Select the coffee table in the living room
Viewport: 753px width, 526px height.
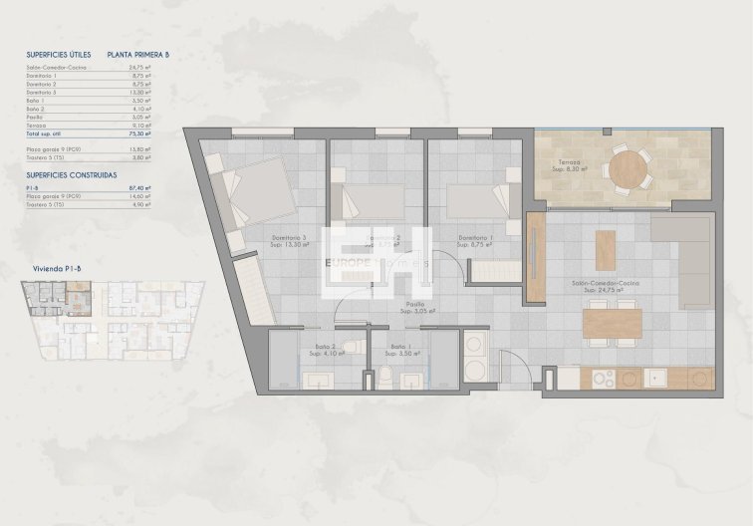(604, 249)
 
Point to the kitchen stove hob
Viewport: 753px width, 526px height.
(604, 379)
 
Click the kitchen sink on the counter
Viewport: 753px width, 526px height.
(656, 379)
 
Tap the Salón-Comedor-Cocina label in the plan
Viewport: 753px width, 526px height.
(605, 283)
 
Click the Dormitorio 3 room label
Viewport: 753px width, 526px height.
(289, 238)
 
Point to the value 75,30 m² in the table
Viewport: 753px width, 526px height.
(141, 132)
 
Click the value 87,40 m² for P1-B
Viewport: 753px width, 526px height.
(141, 187)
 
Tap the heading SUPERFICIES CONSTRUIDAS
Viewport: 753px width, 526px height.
(71, 174)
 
